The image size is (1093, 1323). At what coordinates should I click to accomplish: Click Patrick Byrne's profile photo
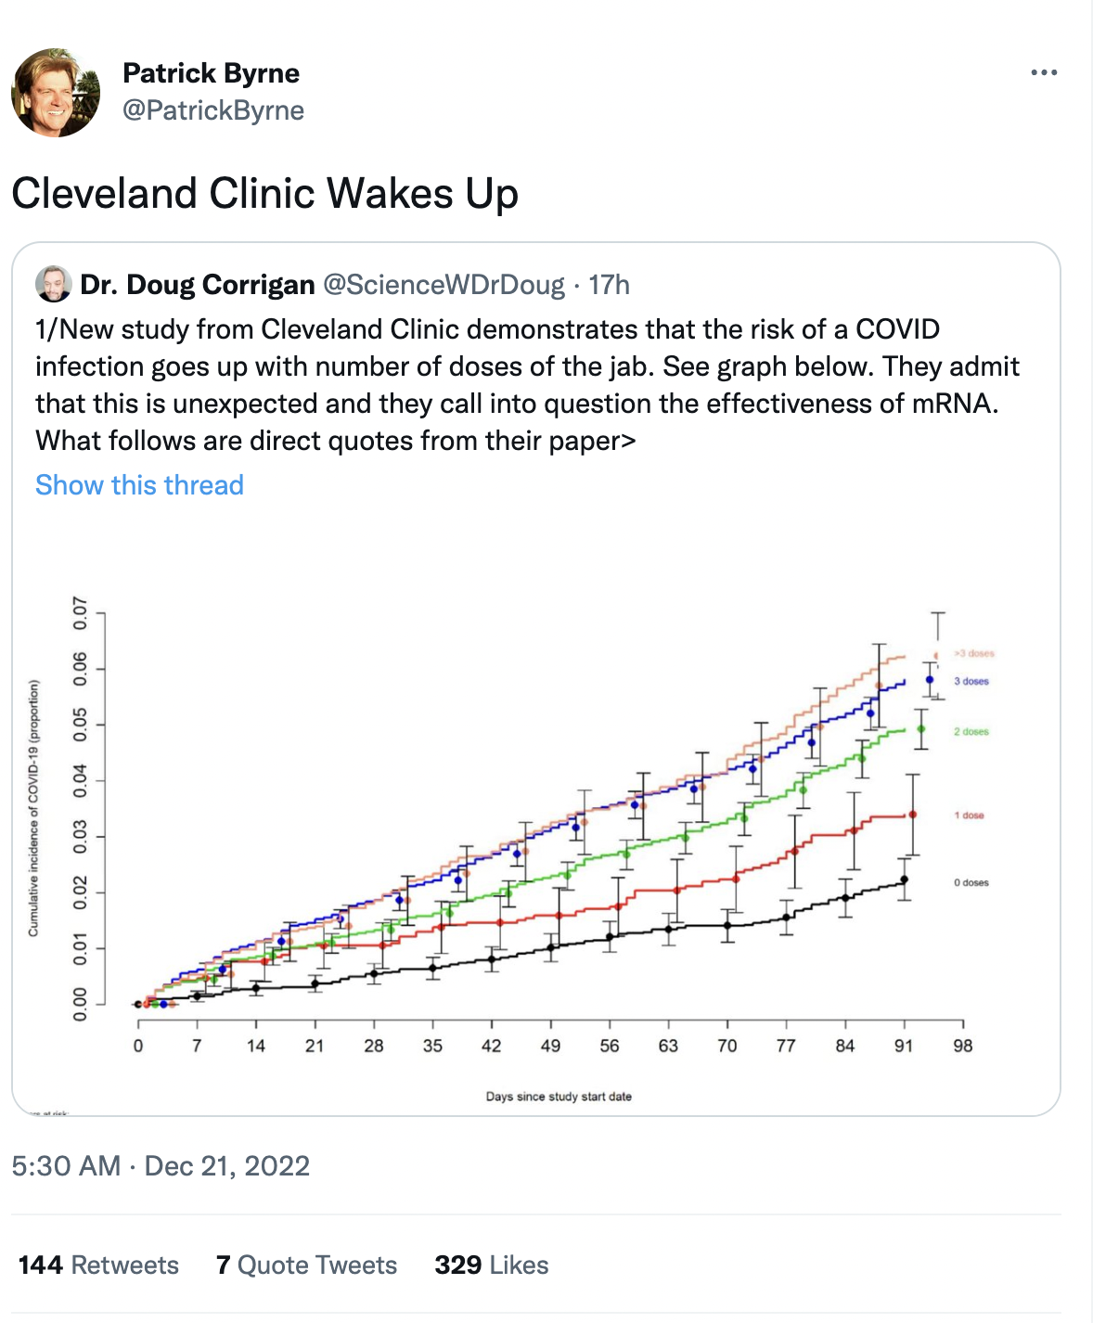click(x=56, y=93)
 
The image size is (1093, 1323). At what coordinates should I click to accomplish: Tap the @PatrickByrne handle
click(x=213, y=110)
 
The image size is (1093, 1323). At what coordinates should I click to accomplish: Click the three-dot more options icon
click(x=1044, y=72)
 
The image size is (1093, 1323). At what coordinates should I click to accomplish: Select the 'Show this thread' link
click(x=139, y=485)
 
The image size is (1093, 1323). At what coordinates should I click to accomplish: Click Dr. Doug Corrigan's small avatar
click(x=54, y=284)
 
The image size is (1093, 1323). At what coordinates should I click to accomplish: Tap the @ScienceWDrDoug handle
click(x=444, y=285)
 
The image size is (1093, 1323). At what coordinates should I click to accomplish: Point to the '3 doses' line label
click(x=971, y=681)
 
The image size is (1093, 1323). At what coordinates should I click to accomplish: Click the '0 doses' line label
click(x=971, y=882)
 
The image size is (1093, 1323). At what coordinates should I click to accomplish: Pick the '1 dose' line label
click(x=969, y=816)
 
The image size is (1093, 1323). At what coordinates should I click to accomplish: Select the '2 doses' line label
click(x=971, y=732)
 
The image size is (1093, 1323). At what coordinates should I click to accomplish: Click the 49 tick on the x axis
click(x=550, y=1046)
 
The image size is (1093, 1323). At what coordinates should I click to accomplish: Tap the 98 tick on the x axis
click(x=963, y=1046)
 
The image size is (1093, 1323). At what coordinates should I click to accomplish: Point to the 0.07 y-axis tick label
click(x=81, y=613)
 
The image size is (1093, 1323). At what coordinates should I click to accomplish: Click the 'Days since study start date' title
click(x=559, y=1097)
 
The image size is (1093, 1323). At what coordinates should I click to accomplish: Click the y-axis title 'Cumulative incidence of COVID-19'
click(x=34, y=808)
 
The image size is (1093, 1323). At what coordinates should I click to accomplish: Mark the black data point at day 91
click(x=904, y=880)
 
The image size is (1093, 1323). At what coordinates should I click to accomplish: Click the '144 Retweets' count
click(x=98, y=1265)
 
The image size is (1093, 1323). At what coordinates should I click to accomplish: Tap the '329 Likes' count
click(x=492, y=1265)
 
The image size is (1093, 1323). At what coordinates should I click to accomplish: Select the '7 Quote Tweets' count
click(x=306, y=1265)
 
